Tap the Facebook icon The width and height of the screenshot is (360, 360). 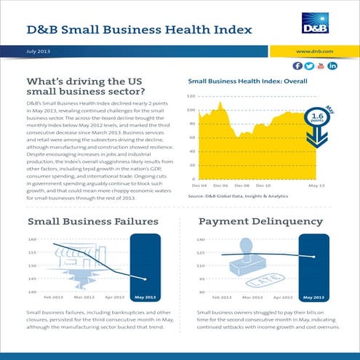(x=299, y=65)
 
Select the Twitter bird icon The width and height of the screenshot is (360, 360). (x=310, y=65)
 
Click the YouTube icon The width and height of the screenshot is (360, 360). (x=321, y=65)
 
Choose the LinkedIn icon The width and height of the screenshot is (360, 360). (x=333, y=65)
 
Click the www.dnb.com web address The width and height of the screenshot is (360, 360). (x=316, y=52)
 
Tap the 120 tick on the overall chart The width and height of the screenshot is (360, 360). (x=191, y=96)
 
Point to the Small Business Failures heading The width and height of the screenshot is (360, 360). (x=92, y=221)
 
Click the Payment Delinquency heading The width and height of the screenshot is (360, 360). (x=271, y=221)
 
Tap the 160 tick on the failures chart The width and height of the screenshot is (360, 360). (x=32, y=239)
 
